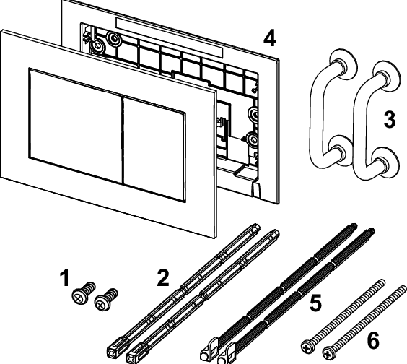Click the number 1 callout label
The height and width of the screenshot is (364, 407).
pyautogui.click(x=64, y=277)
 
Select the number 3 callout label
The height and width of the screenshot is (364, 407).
pyautogui.click(x=389, y=120)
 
